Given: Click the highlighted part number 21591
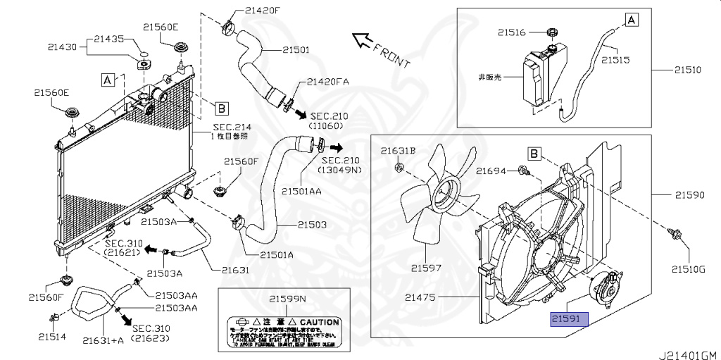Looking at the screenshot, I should [565, 318].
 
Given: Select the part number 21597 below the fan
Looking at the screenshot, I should [427, 267].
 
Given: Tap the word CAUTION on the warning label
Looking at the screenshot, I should [320, 322].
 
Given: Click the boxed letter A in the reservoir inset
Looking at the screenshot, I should [632, 20].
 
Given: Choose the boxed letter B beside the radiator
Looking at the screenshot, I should [220, 108].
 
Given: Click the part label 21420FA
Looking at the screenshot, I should [328, 82].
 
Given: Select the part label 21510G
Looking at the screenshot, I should [687, 268].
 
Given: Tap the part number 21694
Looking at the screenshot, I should [491, 170].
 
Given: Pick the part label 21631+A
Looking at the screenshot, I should [103, 340].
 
